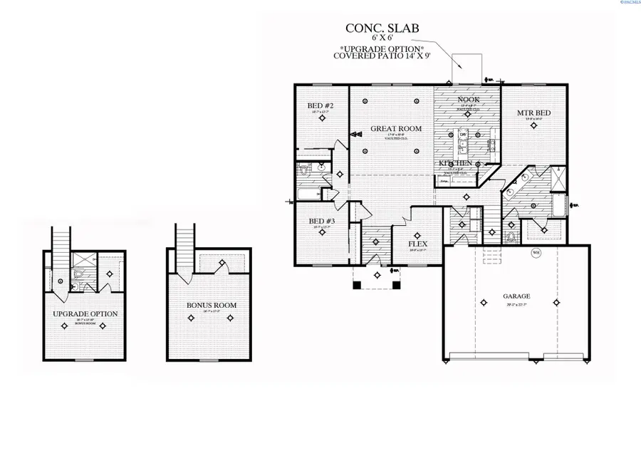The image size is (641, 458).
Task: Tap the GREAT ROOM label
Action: click(x=396, y=129)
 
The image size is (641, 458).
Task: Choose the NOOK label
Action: click(x=468, y=100)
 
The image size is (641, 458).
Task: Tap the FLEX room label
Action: click(x=417, y=244)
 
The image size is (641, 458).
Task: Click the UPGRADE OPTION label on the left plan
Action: click(x=85, y=313)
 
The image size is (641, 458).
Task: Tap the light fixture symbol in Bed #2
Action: click(x=322, y=120)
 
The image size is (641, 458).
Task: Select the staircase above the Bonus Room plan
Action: click(x=185, y=246)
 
